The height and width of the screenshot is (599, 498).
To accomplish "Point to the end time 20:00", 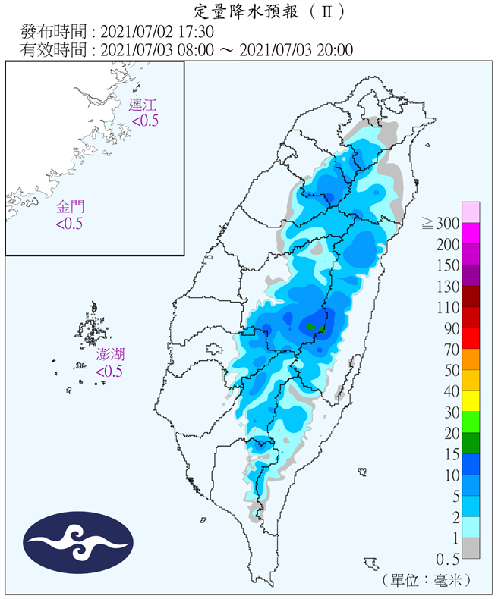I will click(x=335, y=50).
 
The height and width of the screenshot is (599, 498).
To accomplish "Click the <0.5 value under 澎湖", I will click(x=109, y=372).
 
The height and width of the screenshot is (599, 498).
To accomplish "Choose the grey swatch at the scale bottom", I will click(x=470, y=548).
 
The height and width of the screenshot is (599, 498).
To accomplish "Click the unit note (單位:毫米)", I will click(x=427, y=579).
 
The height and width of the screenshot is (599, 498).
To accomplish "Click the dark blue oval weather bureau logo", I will click(x=78, y=543).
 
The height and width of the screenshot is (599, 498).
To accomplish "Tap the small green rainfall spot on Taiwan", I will click(x=310, y=326).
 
